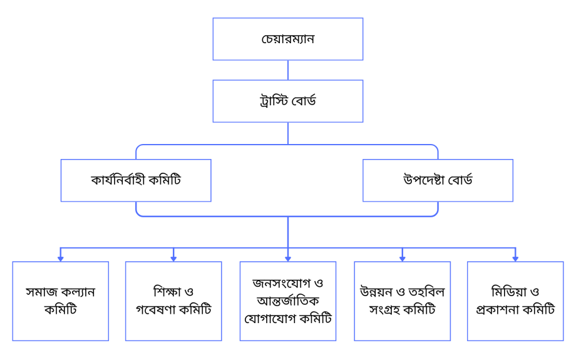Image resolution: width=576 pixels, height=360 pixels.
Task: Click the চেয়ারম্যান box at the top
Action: pyautogui.click(x=287, y=39)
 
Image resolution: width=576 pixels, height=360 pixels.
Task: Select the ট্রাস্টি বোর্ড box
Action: pyautogui.click(x=287, y=101)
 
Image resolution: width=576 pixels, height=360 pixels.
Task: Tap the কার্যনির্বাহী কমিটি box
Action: pyautogui.click(x=136, y=180)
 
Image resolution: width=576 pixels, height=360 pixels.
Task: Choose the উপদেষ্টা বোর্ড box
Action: pyautogui.click(x=438, y=180)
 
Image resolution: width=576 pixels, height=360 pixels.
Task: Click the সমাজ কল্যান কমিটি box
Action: pyautogui.click(x=60, y=301)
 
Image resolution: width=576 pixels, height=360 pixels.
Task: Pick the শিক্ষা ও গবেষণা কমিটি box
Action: pyautogui.click(x=173, y=301)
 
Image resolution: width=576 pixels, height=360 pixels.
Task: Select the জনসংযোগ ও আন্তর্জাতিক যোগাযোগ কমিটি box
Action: pyautogui.click(x=287, y=301)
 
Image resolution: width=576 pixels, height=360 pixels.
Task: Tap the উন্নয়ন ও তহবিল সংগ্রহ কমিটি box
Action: pyautogui.click(x=402, y=301)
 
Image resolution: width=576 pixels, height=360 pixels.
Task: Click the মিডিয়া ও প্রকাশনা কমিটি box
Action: pyautogui.click(x=515, y=301)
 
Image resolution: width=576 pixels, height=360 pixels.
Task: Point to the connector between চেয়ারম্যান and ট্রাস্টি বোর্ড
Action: pyautogui.click(x=287, y=70)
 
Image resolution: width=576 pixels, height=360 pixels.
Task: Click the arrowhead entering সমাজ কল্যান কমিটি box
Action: pyautogui.click(x=60, y=257)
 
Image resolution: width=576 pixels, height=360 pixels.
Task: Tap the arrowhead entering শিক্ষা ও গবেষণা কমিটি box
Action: pyautogui.click(x=173, y=257)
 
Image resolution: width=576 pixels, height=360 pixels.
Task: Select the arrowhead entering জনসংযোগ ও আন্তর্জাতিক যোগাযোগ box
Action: pyautogui.click(x=287, y=257)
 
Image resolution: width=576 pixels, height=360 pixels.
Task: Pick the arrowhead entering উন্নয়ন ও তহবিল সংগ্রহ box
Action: pyautogui.click(x=402, y=257)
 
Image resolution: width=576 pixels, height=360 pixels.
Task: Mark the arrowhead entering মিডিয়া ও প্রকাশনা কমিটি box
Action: pyautogui.click(x=515, y=257)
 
